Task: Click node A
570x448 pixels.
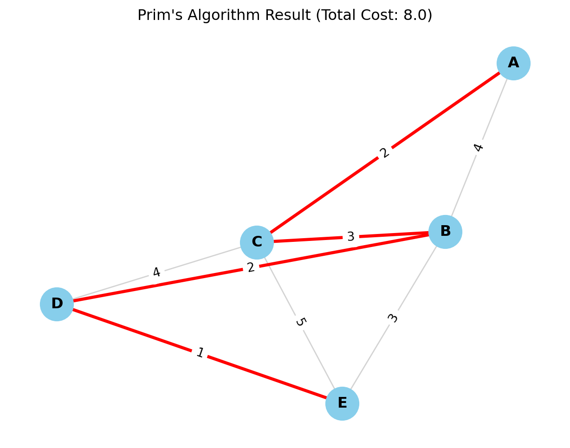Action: click(513, 63)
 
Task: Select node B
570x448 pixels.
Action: click(445, 232)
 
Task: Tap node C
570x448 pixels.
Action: click(257, 242)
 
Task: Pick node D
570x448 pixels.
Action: click(57, 304)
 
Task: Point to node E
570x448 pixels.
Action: click(342, 403)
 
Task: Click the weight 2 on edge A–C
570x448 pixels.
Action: click(384, 153)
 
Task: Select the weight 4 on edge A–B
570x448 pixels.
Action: click(479, 147)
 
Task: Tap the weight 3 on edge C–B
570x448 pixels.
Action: click(351, 237)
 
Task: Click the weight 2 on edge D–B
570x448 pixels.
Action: click(251, 267)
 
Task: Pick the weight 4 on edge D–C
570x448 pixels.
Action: click(156, 273)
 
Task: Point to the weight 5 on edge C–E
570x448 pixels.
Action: click(300, 322)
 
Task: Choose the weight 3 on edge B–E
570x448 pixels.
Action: click(393, 318)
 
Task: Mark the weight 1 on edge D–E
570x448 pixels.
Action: click(200, 353)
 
